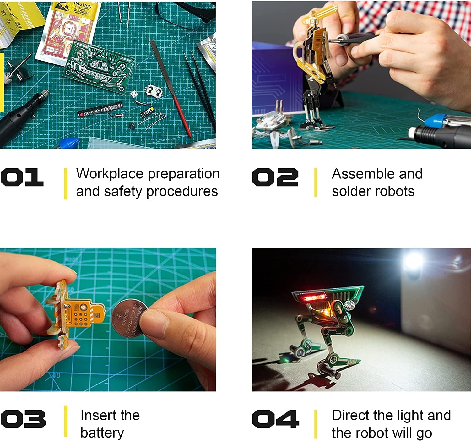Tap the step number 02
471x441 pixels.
point(275,177)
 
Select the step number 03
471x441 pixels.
point(23,419)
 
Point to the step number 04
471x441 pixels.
point(275,419)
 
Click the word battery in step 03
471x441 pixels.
point(102,433)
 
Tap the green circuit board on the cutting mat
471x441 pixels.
point(97,68)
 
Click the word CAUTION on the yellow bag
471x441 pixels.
point(83,5)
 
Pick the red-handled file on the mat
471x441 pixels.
point(176,94)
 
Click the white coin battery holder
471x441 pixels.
point(154,90)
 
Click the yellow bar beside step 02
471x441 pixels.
point(315,182)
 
